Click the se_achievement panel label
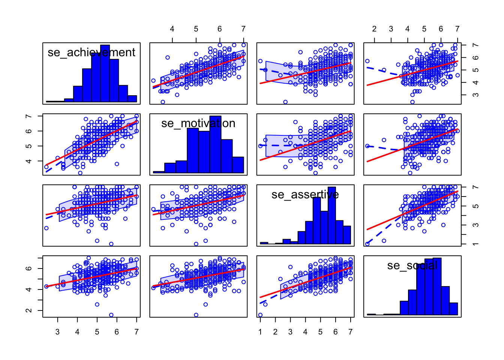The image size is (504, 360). click(x=91, y=52)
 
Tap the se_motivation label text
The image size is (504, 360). click(x=198, y=123)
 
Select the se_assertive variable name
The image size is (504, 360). click(x=305, y=195)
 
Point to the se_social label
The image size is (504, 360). click(x=412, y=265)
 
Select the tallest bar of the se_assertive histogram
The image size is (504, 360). click(x=331, y=215)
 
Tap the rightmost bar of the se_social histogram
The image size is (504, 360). click(x=453, y=309)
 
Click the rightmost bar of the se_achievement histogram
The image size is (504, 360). click(x=132, y=99)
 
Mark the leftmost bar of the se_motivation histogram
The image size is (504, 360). click(x=159, y=172)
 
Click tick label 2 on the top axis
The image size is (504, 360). click(x=374, y=29)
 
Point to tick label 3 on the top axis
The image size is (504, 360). click(x=391, y=29)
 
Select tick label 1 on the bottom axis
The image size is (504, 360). click(x=260, y=332)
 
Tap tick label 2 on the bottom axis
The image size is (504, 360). click(x=275, y=332)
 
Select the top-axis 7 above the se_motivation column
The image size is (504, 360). click(x=243, y=29)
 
